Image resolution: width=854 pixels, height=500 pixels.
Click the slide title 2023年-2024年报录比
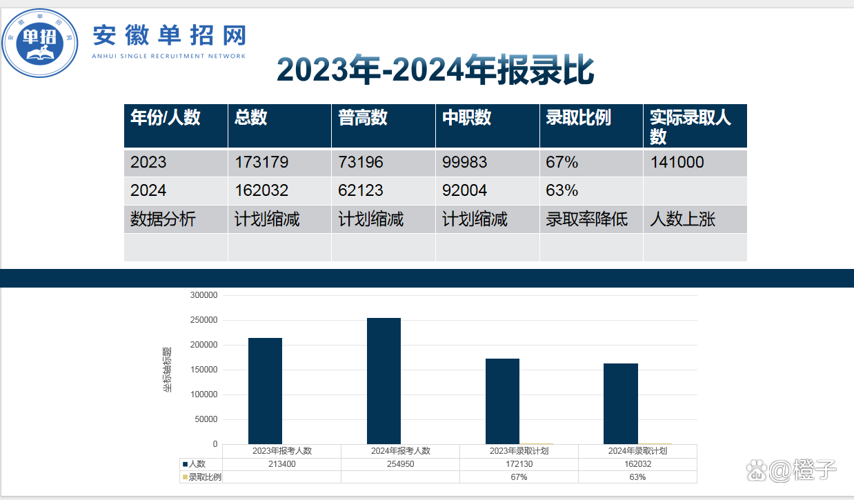(435, 70)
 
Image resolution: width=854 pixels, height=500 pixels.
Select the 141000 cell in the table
(677, 162)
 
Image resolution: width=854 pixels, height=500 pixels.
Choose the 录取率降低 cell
(586, 219)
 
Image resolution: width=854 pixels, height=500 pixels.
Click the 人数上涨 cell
(682, 219)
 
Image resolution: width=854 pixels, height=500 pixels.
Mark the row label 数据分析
(163, 219)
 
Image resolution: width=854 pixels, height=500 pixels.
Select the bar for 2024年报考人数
(384, 381)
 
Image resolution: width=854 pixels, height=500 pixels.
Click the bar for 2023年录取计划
(502, 401)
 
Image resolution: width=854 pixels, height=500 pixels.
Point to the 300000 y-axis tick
(203, 295)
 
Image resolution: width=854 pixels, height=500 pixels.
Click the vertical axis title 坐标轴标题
(167, 370)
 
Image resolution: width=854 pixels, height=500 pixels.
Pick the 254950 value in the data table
(400, 464)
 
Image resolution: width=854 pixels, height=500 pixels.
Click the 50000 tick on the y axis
(206, 419)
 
